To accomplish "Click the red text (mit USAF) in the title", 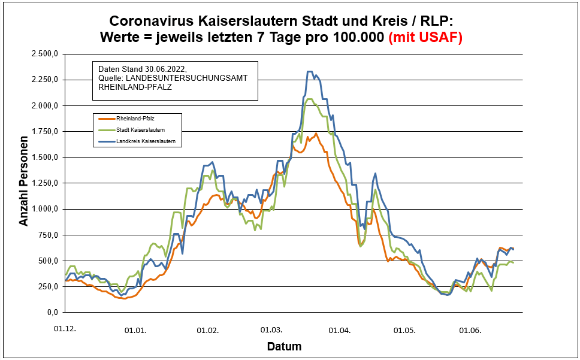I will click(x=425, y=38).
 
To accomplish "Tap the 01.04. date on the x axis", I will click(x=340, y=330).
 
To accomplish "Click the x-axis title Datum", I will click(x=283, y=347).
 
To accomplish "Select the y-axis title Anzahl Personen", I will click(x=24, y=183).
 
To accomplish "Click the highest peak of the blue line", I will click(x=310, y=72).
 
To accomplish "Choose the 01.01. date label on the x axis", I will click(x=135, y=330).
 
